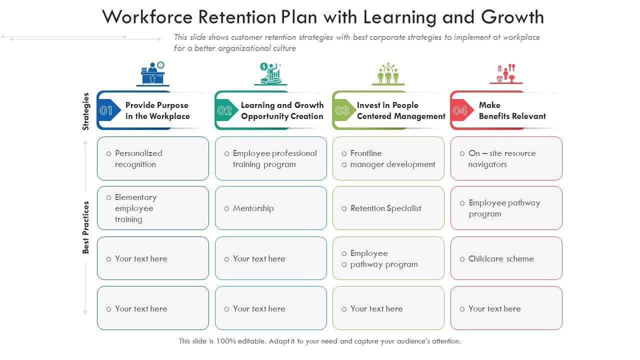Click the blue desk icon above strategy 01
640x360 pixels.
153,74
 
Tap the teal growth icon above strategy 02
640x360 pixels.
270,74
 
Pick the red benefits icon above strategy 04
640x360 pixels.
506,74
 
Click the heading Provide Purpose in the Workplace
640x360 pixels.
157,110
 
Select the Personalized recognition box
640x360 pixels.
153,158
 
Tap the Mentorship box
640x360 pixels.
270,208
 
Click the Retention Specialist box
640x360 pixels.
388,208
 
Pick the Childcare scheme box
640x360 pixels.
506,258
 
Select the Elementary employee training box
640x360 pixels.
153,208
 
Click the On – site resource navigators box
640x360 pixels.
506,158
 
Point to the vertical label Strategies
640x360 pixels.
86,111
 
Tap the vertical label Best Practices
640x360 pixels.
86,227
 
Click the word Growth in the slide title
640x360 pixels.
512,17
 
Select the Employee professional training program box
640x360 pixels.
270,158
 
